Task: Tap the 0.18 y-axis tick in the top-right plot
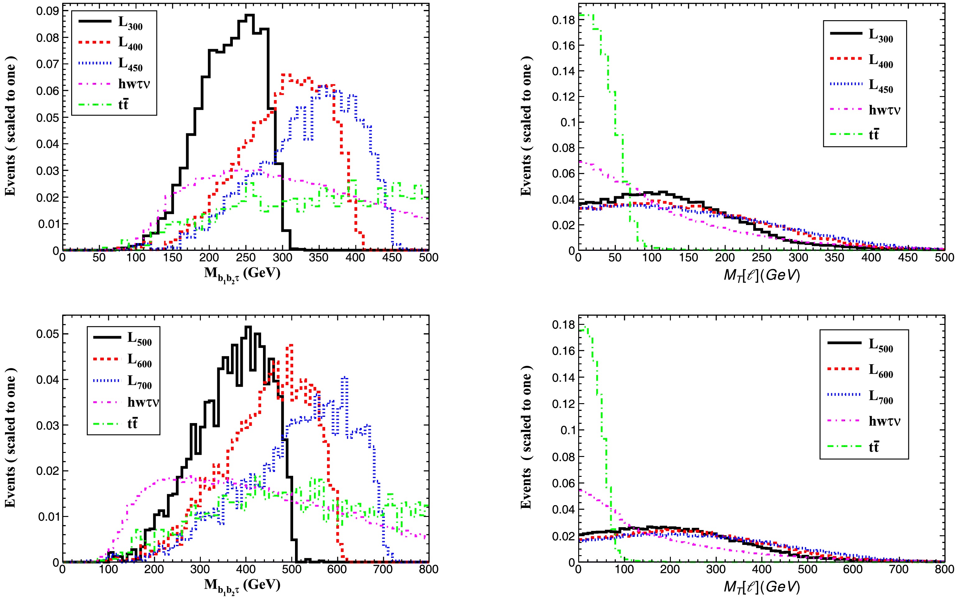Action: tap(563, 20)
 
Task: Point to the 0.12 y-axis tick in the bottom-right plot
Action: tap(563, 404)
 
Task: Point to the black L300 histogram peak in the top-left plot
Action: tap(250, 15)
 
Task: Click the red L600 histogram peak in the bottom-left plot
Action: tap(291, 345)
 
